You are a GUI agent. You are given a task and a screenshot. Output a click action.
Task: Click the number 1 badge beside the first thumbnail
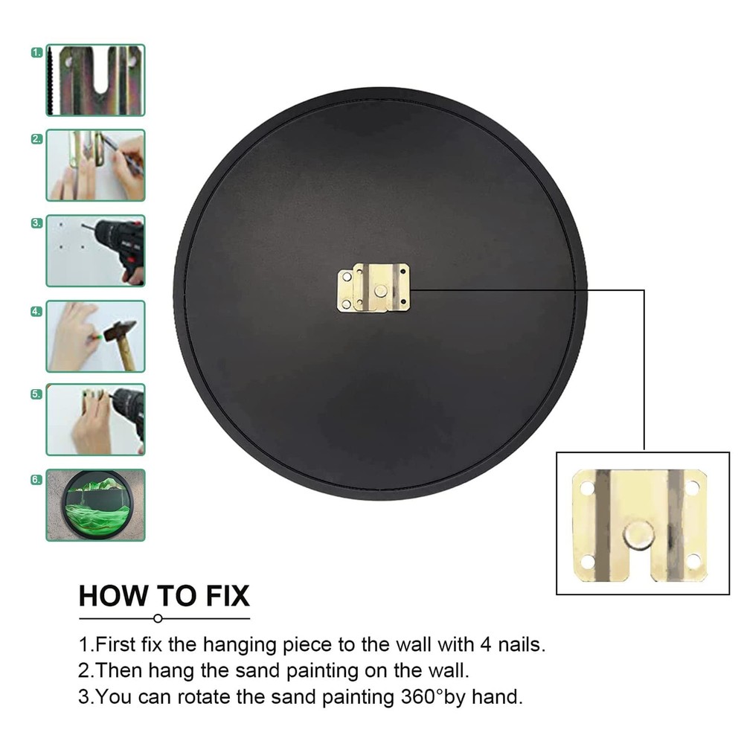click(37, 53)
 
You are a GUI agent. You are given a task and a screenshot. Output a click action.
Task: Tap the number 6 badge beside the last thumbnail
click(36, 480)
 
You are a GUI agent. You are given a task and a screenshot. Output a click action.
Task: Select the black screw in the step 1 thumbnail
click(51, 80)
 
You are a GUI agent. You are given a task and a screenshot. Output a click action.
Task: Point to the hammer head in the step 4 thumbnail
click(118, 330)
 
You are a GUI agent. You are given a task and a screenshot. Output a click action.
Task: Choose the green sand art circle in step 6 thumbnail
click(97, 505)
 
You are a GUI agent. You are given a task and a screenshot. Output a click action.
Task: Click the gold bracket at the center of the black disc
click(373, 288)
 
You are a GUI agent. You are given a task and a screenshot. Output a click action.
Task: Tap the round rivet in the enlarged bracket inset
click(638, 535)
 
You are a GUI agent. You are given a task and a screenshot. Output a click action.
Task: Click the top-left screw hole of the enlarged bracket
click(586, 487)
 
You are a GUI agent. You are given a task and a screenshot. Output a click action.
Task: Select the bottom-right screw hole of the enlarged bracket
click(693, 561)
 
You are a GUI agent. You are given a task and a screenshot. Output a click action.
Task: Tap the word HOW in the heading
click(113, 596)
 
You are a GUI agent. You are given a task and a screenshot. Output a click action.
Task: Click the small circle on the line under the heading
click(158, 618)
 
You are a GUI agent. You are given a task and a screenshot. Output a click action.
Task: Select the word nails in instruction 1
click(522, 644)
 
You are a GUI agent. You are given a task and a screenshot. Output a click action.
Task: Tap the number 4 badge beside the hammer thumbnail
click(36, 312)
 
